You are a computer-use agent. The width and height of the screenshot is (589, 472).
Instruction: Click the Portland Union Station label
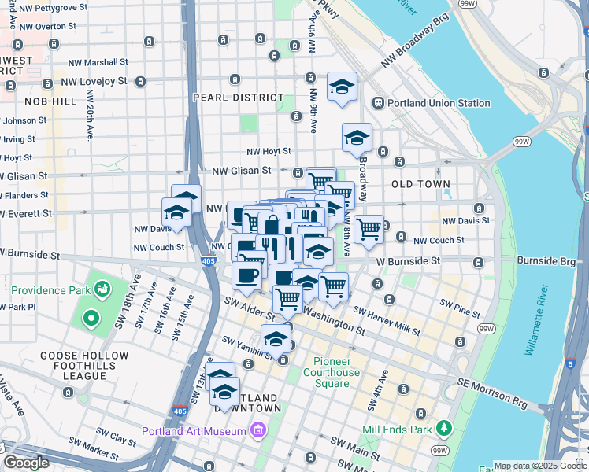[x=439, y=103]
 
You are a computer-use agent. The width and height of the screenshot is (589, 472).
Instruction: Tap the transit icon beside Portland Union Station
[x=378, y=103]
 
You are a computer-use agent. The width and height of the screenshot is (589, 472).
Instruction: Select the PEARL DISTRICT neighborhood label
[x=238, y=98]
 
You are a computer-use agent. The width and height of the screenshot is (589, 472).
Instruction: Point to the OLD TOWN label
[x=420, y=183]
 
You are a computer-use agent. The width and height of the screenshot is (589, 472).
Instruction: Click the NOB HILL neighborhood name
[x=51, y=101]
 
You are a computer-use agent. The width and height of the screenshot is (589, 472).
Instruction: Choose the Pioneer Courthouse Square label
[x=332, y=373]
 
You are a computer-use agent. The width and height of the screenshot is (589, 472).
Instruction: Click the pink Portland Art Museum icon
[x=257, y=430]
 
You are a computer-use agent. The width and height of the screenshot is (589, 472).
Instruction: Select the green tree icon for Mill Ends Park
[x=444, y=428]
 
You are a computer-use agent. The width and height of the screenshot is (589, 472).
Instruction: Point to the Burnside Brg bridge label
[x=546, y=260]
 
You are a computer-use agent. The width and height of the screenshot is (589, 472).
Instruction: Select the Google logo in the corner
[x=25, y=462]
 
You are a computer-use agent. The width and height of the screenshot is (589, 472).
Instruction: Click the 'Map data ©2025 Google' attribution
[x=540, y=466]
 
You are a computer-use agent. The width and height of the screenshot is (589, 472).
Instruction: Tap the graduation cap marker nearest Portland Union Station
[x=342, y=88]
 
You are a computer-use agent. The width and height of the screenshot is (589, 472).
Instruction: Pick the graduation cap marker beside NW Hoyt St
[x=357, y=138]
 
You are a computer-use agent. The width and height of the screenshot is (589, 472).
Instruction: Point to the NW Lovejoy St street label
[x=94, y=81]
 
